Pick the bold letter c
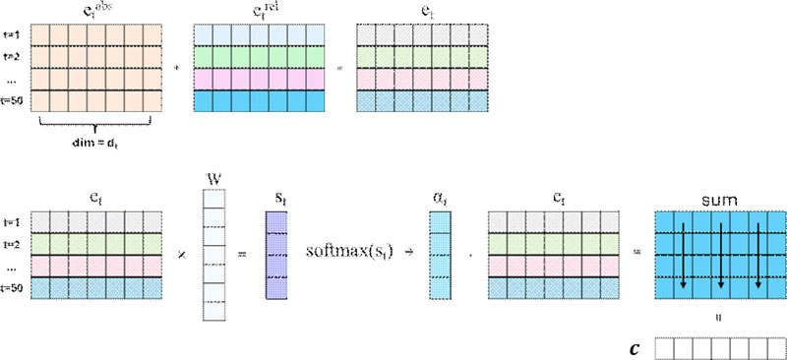click(637, 346)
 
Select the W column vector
click(213, 256)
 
